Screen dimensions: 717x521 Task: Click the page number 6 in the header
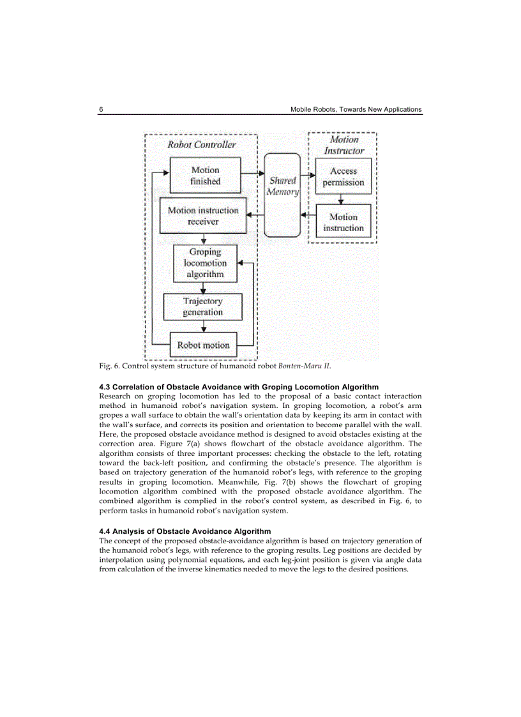[102, 109]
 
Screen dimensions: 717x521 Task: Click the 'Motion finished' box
[205, 176]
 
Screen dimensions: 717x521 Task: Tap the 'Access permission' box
[344, 177]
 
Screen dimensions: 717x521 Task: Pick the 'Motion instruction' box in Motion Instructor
[344, 222]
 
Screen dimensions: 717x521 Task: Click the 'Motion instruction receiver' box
[203, 216]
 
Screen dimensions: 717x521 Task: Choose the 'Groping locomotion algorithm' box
[205, 263]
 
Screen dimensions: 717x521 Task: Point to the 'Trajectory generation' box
[203, 306]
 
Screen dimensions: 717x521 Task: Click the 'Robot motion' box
[203, 345]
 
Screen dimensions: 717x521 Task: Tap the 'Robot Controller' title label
[201, 145]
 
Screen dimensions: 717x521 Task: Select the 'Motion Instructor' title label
[344, 145]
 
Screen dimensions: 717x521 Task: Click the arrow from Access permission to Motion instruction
[344, 199]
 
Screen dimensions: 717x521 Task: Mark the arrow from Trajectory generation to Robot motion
[203, 326]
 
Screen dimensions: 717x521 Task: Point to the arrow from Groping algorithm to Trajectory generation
[203, 288]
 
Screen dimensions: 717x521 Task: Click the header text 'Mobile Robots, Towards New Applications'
[356, 109]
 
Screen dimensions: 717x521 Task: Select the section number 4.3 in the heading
[105, 387]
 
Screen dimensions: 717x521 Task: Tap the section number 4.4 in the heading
[105, 531]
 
